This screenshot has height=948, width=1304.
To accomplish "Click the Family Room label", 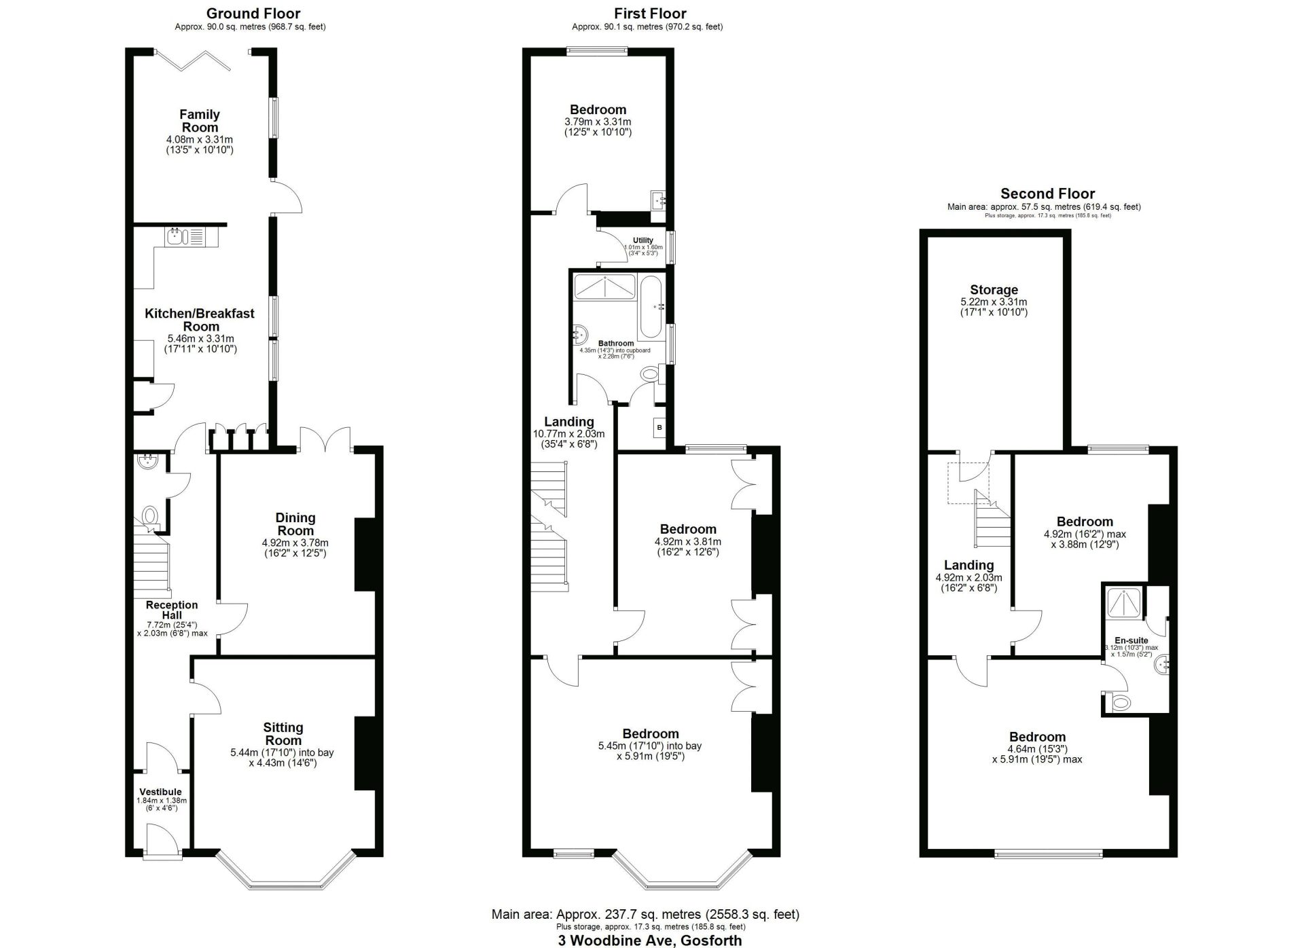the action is [x=200, y=121].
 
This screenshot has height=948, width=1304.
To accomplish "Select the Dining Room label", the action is [x=295, y=524].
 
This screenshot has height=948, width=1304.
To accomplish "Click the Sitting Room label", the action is [x=283, y=734].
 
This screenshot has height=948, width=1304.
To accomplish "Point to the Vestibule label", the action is [x=161, y=792].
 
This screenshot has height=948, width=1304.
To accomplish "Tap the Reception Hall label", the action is [x=172, y=610].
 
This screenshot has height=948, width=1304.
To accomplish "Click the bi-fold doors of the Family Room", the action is [x=193, y=59].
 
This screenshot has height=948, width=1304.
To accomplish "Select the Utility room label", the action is [x=643, y=240].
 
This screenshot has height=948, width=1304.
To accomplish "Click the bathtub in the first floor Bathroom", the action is [x=651, y=307].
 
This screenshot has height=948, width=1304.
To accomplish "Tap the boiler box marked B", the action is [x=659, y=428].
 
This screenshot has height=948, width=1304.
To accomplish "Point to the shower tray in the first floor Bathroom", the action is [x=604, y=287].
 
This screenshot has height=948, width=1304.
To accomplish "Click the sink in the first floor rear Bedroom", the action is [x=658, y=200].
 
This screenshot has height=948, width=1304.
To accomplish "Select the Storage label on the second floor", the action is [x=994, y=290].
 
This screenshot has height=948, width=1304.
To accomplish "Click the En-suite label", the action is [x=1131, y=640].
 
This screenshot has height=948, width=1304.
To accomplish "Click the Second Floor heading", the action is [x=1047, y=194].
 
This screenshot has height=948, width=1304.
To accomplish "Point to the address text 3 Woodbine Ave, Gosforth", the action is [x=650, y=941].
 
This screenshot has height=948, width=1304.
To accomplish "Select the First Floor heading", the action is [x=650, y=14].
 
